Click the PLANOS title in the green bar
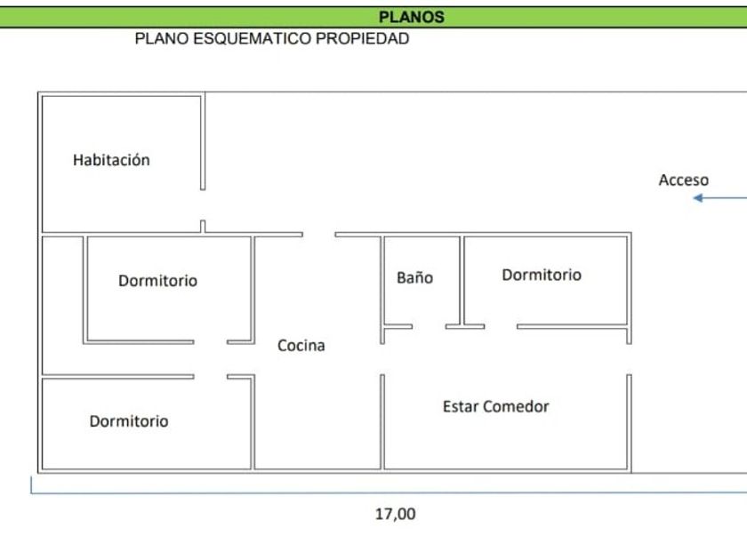pos(411,17)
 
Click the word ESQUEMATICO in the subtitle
pos(241,39)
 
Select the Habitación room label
pos(111,161)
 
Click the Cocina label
pos(301,346)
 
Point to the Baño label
pos(414,278)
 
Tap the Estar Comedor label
pos(495,407)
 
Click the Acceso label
pos(683,180)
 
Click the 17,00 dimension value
pos(395,514)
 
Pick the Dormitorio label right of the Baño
pos(541,276)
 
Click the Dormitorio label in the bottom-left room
pos(129,421)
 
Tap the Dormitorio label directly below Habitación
pos(157,281)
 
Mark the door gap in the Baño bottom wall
pos(429,327)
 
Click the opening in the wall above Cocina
pos(318,235)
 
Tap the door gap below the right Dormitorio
pos(501,327)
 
